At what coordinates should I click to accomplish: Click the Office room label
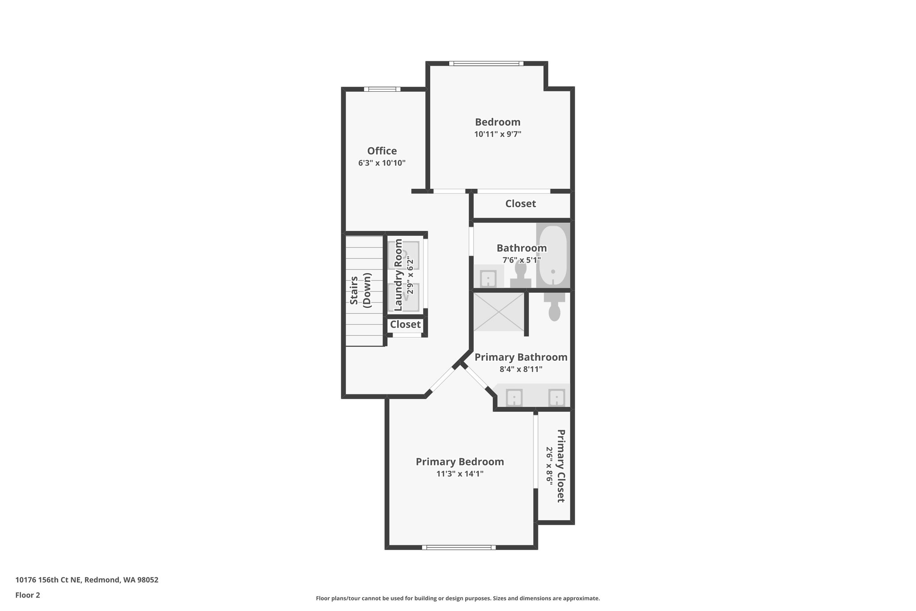pyautogui.click(x=382, y=151)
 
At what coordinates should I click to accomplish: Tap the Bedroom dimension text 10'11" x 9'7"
pyautogui.click(x=497, y=134)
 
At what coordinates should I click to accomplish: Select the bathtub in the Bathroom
pyautogui.click(x=553, y=256)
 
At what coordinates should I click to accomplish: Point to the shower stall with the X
pyautogui.click(x=499, y=312)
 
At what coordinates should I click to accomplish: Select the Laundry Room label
pyautogui.click(x=398, y=275)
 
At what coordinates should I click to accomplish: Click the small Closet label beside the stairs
pyautogui.click(x=405, y=325)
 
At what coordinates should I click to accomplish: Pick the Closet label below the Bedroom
pyautogui.click(x=520, y=204)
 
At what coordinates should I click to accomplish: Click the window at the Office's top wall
pyautogui.click(x=382, y=89)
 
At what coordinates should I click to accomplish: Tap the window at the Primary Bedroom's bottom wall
pyautogui.click(x=458, y=547)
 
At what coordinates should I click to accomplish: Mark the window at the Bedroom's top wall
pyautogui.click(x=486, y=64)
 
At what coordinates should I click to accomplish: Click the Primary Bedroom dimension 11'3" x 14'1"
pyautogui.click(x=460, y=474)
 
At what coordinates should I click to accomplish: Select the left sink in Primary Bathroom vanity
pyautogui.click(x=514, y=397)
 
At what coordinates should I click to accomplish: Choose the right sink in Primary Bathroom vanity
pyautogui.click(x=557, y=397)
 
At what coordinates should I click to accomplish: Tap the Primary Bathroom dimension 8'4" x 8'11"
pyautogui.click(x=521, y=369)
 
